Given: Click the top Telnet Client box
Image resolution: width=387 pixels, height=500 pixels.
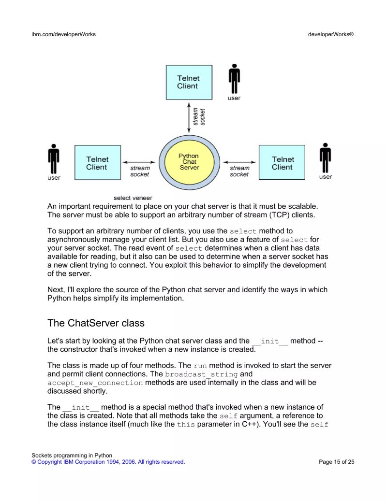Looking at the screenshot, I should coord(189,82).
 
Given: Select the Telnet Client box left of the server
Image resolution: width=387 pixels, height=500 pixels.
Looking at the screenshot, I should coord(97,163).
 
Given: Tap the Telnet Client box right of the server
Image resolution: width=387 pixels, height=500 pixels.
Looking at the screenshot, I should coord(282,163).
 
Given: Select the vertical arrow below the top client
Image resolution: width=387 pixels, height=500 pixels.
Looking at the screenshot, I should coord(189,116).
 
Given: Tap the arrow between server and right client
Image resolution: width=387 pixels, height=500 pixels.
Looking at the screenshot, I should coord(239,162).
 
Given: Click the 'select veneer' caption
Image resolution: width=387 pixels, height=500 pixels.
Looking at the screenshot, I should coord(133,198).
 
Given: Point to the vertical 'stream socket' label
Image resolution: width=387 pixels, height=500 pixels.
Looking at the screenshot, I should coord(199,116).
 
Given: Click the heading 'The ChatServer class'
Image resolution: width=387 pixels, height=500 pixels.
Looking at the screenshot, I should coord(96,322).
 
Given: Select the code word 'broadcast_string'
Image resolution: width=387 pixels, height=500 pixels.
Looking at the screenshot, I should coord(201,374).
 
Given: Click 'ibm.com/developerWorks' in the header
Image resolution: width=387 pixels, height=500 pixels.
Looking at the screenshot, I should coord(63,34).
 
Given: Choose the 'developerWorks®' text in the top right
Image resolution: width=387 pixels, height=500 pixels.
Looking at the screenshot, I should coord(331,34).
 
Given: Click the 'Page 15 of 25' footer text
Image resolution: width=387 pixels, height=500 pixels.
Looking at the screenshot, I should coord(337,462).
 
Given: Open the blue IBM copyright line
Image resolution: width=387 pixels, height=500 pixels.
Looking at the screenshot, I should coord(108,462).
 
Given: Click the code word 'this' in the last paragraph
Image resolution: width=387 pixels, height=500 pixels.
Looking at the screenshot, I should coord(186,425).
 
